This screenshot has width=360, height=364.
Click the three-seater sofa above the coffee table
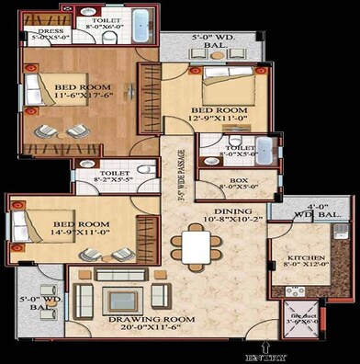pos(120,275)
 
